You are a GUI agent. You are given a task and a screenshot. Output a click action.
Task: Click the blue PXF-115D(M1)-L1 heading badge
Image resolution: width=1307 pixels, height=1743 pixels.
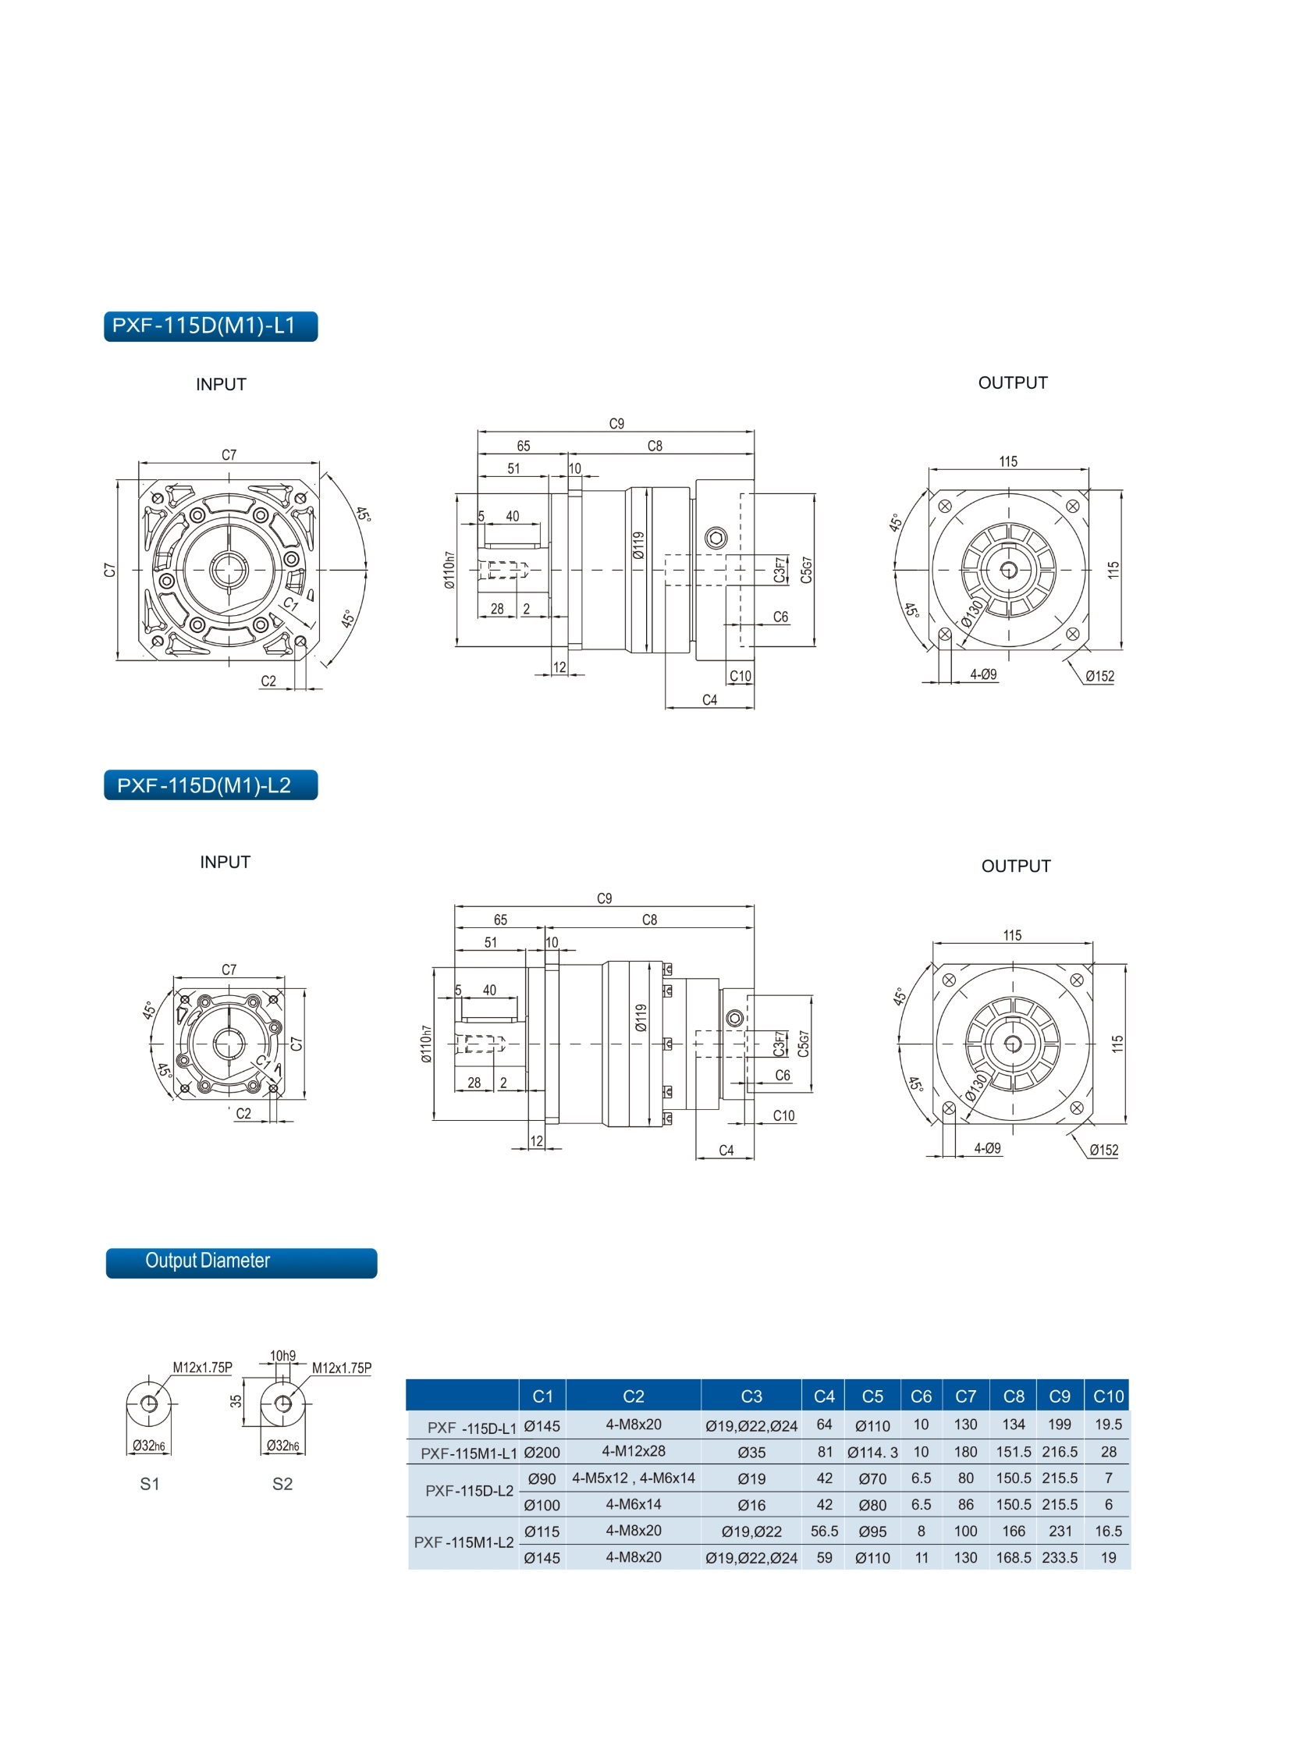coord(211,326)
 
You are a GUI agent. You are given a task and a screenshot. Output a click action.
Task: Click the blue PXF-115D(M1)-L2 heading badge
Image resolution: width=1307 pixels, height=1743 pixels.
coord(211,784)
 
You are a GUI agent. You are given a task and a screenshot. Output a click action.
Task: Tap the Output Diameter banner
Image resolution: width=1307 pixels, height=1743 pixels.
coord(241,1263)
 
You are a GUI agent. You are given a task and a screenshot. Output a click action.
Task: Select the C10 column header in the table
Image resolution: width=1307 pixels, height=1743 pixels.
coord(1108,1396)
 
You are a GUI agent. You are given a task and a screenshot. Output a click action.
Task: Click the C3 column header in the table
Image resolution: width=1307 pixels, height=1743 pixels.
coord(751,1396)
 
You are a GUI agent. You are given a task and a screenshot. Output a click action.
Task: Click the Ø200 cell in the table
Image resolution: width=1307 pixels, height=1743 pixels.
coord(542,1452)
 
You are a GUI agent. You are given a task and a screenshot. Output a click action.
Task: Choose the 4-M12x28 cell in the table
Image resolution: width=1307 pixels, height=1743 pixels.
coord(634,1450)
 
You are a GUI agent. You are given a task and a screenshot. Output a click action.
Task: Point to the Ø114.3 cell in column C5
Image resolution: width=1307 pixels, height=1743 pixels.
coord(872,1452)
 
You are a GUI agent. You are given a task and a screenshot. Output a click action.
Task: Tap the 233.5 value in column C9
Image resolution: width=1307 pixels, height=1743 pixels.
coord(1060,1558)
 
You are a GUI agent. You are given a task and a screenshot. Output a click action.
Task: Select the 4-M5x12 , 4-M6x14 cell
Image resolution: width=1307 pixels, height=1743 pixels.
coord(634,1478)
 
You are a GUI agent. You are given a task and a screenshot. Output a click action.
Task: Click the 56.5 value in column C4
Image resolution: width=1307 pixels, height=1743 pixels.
coord(824,1531)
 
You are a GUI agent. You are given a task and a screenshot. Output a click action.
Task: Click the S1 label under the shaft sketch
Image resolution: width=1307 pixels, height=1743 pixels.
coord(150,1484)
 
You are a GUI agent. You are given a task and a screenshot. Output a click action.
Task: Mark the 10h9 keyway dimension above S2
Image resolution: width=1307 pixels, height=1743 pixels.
coord(282,1356)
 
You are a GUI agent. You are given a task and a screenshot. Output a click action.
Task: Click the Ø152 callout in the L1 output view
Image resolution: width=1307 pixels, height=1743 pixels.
coord(1099,676)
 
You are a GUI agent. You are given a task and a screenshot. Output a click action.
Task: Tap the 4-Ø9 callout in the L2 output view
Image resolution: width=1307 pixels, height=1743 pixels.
coord(987,1148)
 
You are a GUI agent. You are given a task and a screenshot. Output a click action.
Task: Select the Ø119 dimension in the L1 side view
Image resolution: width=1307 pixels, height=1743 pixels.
coord(638,546)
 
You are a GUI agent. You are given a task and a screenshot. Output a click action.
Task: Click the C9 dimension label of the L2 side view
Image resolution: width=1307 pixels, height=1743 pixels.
coord(604,898)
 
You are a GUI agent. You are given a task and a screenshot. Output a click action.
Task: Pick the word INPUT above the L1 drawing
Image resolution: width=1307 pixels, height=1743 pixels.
coord(222,385)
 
